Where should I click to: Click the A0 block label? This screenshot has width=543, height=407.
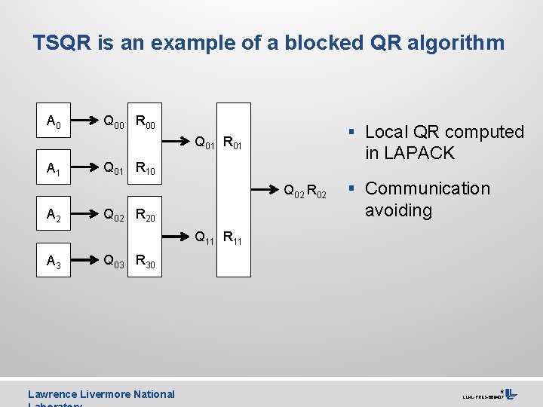54,121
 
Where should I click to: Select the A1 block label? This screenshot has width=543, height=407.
54,170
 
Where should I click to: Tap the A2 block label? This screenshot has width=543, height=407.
54,217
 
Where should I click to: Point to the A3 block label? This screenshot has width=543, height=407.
54,262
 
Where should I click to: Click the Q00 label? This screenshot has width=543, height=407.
114,121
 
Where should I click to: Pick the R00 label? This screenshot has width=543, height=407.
146,121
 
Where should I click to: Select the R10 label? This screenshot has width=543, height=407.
146,170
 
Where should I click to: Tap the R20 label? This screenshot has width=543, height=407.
146,217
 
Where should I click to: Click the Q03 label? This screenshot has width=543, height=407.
114,262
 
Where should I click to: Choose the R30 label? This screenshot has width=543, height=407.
146,262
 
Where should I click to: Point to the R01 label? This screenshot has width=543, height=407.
237,141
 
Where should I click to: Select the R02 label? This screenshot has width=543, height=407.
317,194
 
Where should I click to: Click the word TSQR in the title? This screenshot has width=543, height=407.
62,43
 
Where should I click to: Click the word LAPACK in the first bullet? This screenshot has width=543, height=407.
419,153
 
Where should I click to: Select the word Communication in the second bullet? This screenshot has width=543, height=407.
428,188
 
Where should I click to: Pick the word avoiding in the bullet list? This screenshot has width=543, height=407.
398,210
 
